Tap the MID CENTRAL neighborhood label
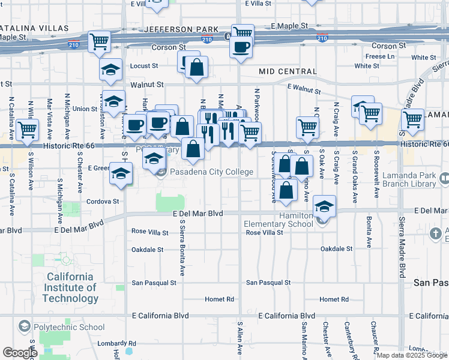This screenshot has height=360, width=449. [288, 71]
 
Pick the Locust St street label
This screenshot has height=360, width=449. [144, 65]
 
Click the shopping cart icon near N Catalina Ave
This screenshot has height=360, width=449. [27, 129]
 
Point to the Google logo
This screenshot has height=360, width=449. [20, 353]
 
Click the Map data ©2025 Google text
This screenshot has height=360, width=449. [411, 355]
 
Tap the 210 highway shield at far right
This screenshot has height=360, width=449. [322, 38]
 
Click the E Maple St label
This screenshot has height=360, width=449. [289, 26]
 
